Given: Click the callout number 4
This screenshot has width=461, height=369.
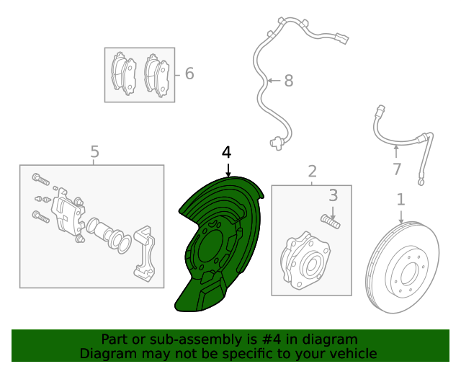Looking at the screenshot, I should [227, 152].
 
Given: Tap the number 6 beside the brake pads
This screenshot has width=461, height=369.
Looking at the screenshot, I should [189, 74].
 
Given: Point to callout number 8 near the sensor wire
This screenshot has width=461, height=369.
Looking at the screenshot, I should [288, 80].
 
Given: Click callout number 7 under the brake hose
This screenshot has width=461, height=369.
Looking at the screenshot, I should [396, 169].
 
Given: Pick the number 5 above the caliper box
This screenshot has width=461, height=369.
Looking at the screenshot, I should [94, 151].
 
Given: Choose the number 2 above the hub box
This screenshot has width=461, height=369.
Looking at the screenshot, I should [312, 171].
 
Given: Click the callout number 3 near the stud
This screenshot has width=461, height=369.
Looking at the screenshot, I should [333, 195].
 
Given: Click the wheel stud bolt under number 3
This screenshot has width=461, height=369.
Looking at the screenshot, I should [331, 218].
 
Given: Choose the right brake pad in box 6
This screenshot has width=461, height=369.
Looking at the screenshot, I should [156, 73].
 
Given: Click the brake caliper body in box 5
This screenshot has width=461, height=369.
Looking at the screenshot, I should [68, 213].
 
